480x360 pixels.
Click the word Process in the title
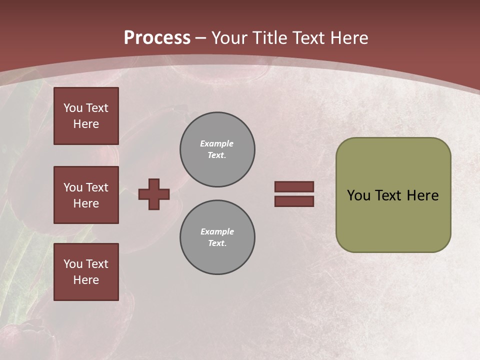(157, 38)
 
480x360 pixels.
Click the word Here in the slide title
(349, 38)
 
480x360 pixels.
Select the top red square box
(86, 116)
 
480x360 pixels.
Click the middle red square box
(86, 195)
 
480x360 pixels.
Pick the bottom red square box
(86, 272)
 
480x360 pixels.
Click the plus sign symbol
(154, 194)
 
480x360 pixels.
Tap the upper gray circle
(217, 149)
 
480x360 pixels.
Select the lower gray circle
(217, 237)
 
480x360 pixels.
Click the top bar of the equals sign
(294, 186)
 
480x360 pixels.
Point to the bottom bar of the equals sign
(294, 201)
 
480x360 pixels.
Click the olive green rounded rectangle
(393, 195)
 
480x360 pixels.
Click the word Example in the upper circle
(216, 143)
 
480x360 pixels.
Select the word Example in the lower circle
(217, 231)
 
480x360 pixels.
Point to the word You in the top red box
(73, 108)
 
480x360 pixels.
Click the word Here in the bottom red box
(86, 280)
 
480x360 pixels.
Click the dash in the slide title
(201, 38)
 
